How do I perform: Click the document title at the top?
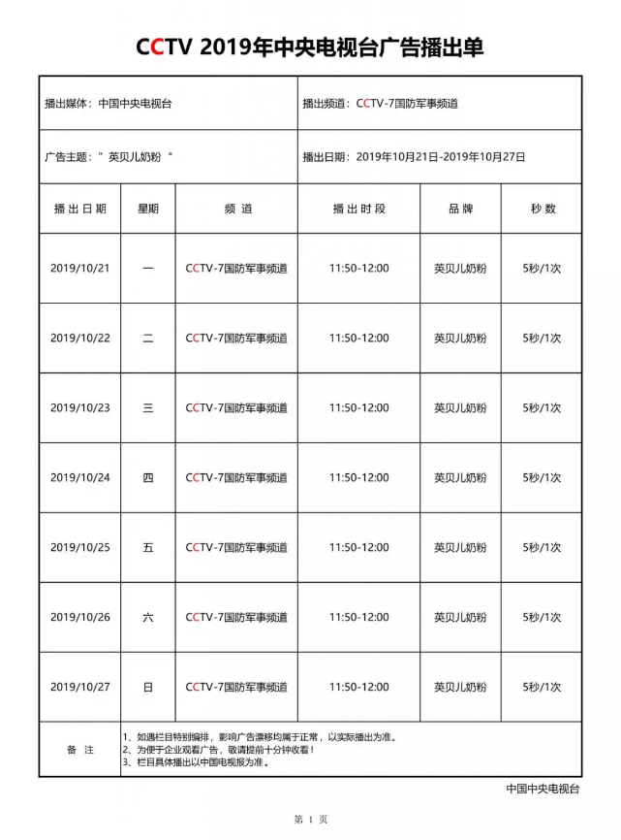pos(310,47)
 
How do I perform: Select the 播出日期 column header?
pos(80,209)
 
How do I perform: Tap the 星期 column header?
pos(148,209)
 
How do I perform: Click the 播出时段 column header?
pos(358,209)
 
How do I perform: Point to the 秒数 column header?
pos(543,209)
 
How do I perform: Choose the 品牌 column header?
pos(460,209)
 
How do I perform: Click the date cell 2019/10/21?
pos(80,269)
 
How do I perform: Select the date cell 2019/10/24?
pos(80,477)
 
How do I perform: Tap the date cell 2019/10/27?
pos(80,687)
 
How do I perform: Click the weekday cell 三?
pos(148,408)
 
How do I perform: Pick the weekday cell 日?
pos(148,687)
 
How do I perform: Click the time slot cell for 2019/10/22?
pos(358,339)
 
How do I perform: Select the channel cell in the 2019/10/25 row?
pos(236,547)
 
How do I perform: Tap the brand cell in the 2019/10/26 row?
pos(460,617)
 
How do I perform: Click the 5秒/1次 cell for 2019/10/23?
pos(543,408)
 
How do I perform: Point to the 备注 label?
pos(80,750)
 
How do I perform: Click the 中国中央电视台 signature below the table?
pos(543,789)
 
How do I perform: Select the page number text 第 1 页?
pos(310,820)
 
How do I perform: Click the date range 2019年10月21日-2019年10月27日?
pos(441,156)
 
